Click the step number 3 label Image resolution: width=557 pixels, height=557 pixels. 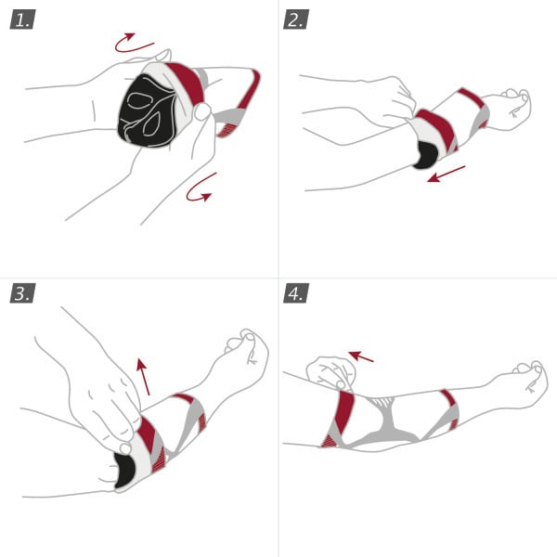pos(22,294)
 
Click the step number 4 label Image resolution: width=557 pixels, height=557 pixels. pos(296,294)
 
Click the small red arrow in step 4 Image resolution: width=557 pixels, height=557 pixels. pos(362,355)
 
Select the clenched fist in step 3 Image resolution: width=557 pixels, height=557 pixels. pos(247,350)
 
